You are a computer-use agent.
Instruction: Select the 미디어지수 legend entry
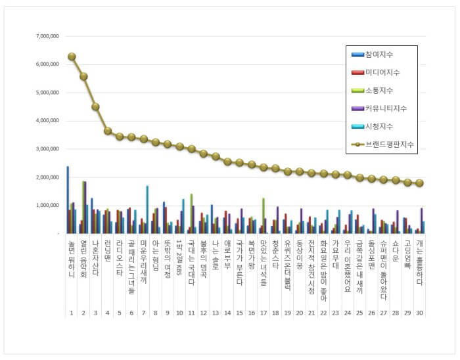tap(383, 72)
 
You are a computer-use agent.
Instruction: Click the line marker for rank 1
tap(72, 56)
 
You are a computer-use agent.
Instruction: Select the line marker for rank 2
tap(83, 76)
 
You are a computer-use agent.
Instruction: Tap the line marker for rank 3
tap(95, 106)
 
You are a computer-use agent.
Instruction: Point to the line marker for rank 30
tap(419, 183)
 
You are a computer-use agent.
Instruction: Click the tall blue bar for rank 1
tap(67, 200)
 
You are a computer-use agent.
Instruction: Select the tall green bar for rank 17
tap(263, 215)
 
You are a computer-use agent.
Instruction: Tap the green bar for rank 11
tap(191, 214)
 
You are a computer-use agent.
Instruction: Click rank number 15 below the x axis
tap(239, 312)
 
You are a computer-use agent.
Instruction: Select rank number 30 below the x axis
tap(419, 312)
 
